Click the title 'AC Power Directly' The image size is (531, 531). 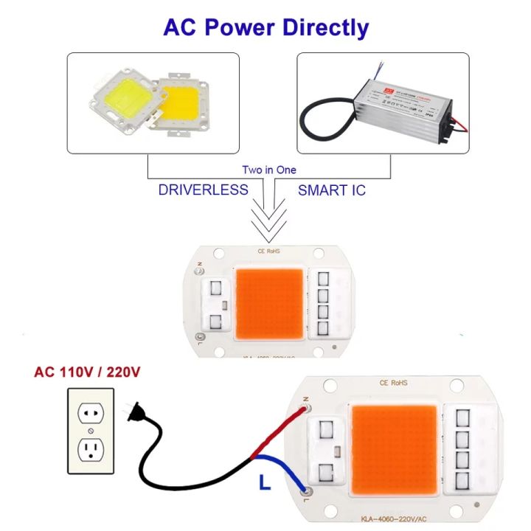(x=265, y=27)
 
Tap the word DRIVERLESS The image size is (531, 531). (x=203, y=190)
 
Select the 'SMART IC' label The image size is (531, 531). (x=332, y=190)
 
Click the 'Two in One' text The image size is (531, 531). (x=269, y=170)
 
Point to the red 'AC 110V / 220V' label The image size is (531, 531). (x=87, y=371)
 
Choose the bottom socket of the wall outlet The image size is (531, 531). (x=90, y=449)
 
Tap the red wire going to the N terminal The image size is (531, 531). (x=280, y=427)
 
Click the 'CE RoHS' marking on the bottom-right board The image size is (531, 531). (x=395, y=383)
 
